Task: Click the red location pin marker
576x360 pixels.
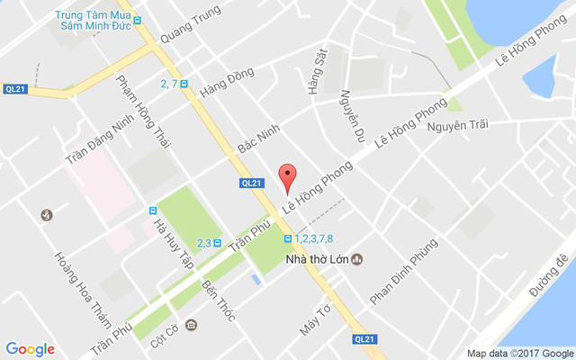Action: click(x=287, y=178)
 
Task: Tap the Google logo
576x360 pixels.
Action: click(x=30, y=349)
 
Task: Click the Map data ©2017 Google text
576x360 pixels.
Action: click(x=518, y=353)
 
